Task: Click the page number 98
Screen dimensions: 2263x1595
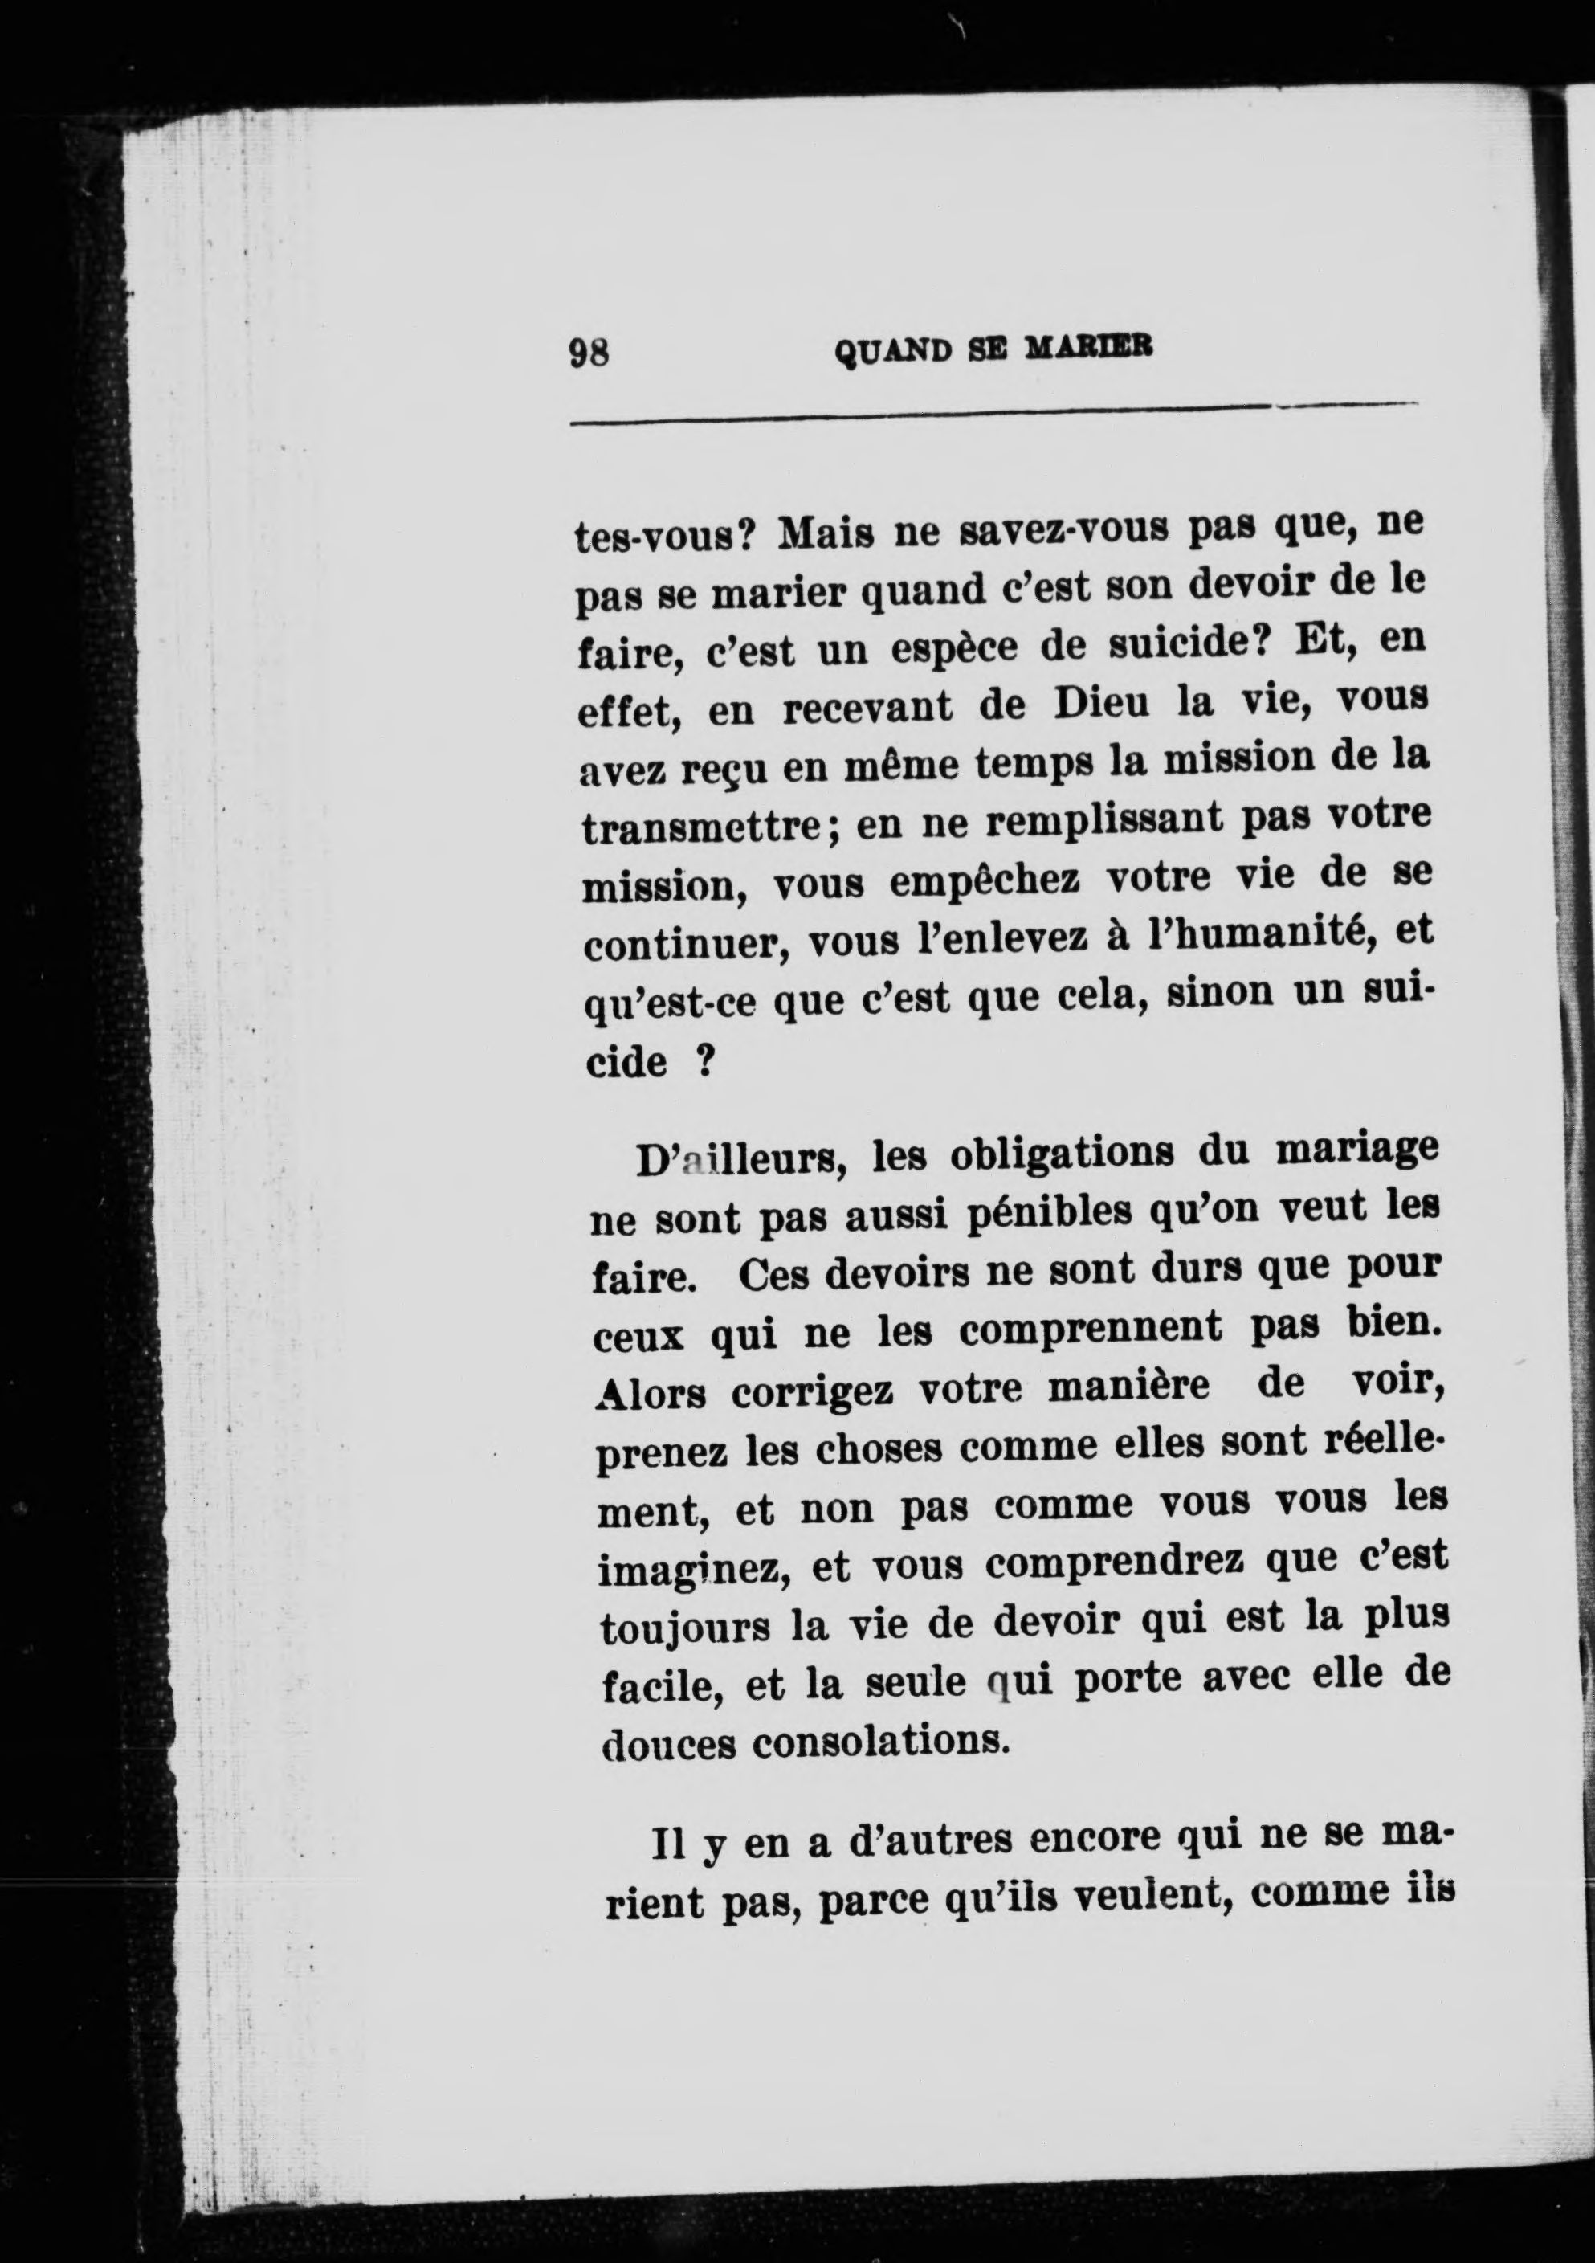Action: coord(590,351)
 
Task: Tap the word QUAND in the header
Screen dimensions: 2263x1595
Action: coord(895,351)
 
